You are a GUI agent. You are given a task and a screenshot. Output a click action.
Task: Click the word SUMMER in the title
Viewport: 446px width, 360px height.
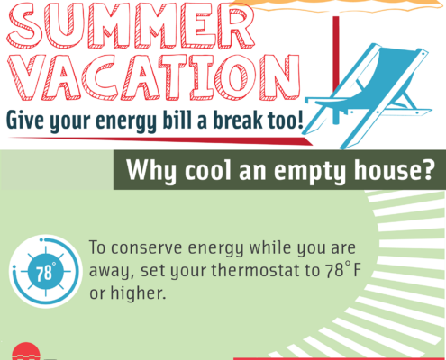131,24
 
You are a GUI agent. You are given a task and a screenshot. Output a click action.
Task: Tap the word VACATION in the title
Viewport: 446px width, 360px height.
153,77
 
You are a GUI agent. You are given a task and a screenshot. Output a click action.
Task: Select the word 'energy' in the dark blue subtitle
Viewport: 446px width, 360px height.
126,121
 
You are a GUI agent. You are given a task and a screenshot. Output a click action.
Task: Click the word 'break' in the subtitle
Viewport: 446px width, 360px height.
238,120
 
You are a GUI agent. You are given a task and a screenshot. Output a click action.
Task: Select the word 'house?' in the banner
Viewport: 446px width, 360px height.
394,170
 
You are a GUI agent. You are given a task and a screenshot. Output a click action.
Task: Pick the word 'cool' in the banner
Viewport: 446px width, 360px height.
208,170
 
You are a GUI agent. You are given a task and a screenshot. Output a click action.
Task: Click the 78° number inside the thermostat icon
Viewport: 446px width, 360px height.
45,273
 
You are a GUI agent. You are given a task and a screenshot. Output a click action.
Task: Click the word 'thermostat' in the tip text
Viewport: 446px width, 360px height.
255,270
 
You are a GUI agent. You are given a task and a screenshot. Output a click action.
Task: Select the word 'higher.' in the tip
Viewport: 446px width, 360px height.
138,292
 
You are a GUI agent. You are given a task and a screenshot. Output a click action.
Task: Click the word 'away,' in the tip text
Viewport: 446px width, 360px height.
112,271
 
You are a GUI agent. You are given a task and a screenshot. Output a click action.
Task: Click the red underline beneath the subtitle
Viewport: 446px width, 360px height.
160,140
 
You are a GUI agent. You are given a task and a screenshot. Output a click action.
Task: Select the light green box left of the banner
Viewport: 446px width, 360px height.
57,170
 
